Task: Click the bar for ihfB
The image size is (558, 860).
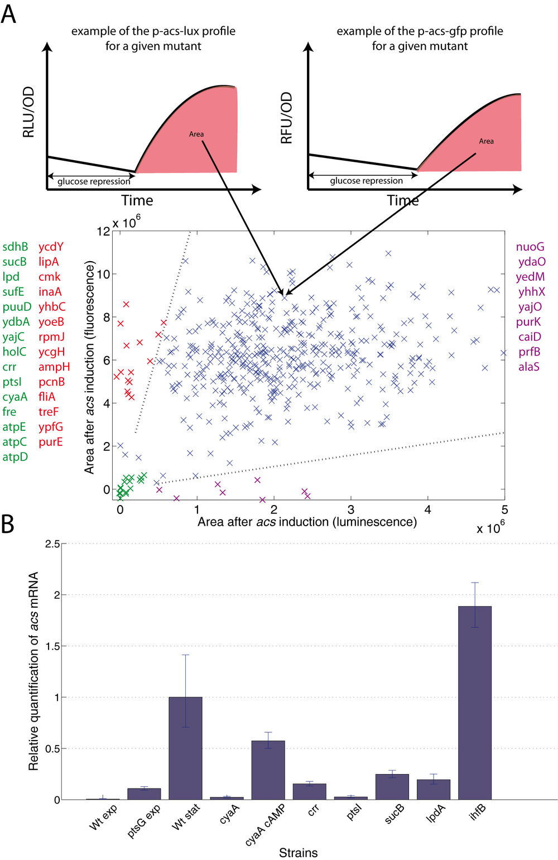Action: pyautogui.click(x=475, y=703)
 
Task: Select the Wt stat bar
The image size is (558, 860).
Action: pyautogui.click(x=185, y=748)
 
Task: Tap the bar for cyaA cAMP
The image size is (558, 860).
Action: pyautogui.click(x=268, y=770)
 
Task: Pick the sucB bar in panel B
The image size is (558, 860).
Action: pyautogui.click(x=392, y=787)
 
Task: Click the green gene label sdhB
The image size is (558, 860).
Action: pyautogui.click(x=15, y=247)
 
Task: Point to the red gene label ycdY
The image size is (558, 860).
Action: pyautogui.click(x=51, y=247)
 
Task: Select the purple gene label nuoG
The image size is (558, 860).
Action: pyautogui.click(x=530, y=247)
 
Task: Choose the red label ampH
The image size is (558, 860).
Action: pyautogui.click(x=54, y=367)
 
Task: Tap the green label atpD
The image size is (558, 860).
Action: pyautogui.click(x=15, y=457)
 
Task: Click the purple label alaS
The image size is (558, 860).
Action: pyautogui.click(x=528, y=367)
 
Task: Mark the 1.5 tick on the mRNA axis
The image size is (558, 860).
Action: pyautogui.click(x=52, y=646)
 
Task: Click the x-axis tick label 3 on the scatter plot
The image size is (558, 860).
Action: pyautogui.click(x=351, y=510)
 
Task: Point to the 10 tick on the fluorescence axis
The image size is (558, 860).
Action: pyautogui.click(x=104, y=274)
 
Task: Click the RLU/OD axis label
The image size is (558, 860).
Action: pyautogui.click(x=28, y=112)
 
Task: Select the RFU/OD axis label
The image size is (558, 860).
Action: pyautogui.click(x=286, y=118)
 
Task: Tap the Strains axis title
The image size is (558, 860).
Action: pyautogui.click(x=298, y=853)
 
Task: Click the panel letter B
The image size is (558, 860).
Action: pyautogui.click(x=8, y=524)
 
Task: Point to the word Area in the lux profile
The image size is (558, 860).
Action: pyautogui.click(x=196, y=134)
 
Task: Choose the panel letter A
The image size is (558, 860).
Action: pyautogui.click(x=8, y=13)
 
